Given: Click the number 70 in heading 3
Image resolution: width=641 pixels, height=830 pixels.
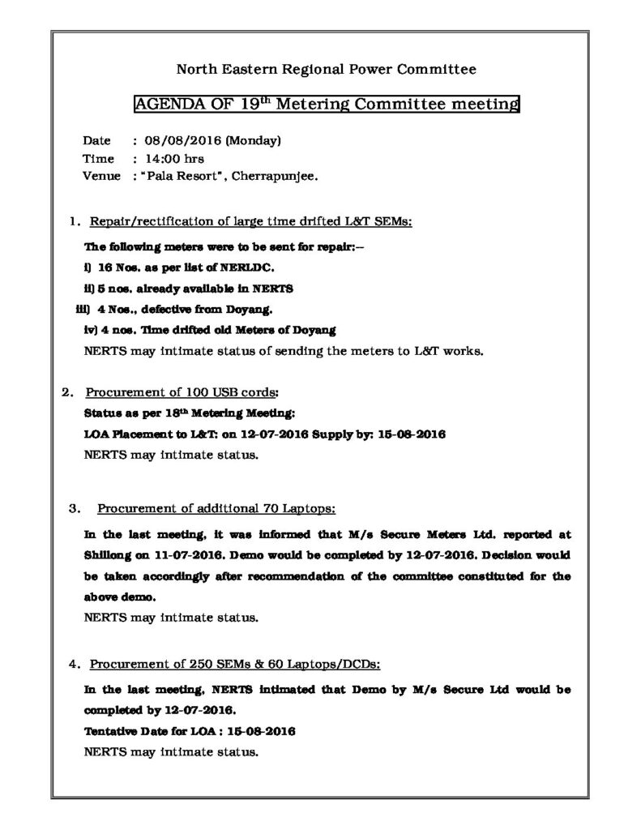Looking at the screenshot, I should coord(271,509).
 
